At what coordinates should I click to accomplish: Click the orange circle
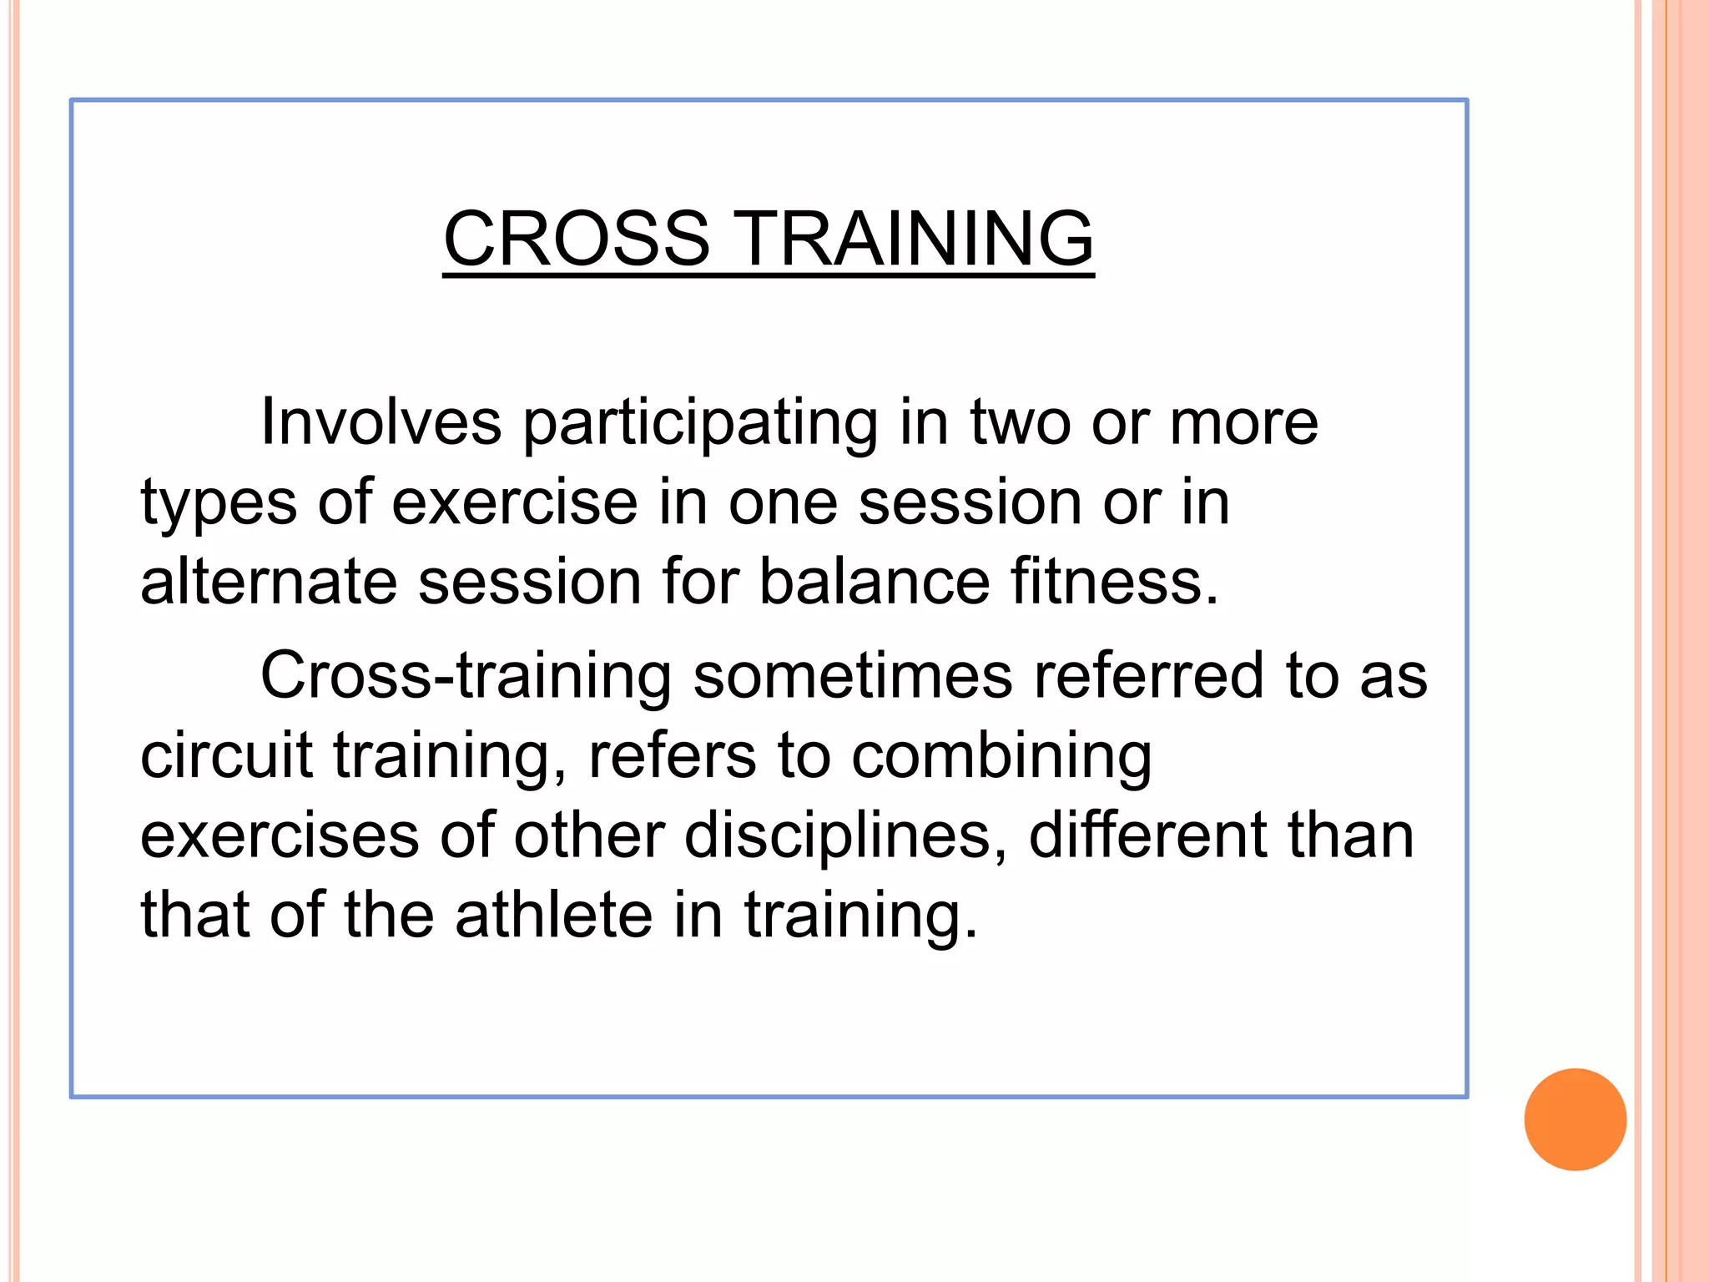pyautogui.click(x=1575, y=1119)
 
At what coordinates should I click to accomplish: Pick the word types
pyautogui.click(x=219, y=503)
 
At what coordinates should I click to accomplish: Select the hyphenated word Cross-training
pyautogui.click(x=466, y=676)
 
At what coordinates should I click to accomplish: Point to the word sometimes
pyautogui.click(x=853, y=674)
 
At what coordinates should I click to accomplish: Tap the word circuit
pyautogui.click(x=226, y=755)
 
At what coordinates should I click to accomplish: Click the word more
pyautogui.click(x=1243, y=421)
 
